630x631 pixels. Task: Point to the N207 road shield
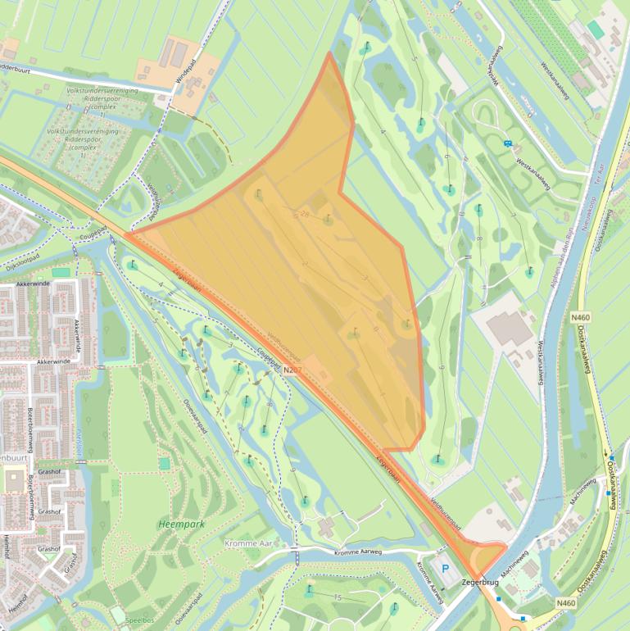pos(293,371)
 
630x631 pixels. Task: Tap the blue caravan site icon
pos(509,143)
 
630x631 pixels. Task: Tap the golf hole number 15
pos(338,598)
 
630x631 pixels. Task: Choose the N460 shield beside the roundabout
pos(565,604)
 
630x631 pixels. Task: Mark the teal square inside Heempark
pos(165,463)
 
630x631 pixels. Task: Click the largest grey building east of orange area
pos(509,329)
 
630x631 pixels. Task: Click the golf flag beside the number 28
pos(328,219)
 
